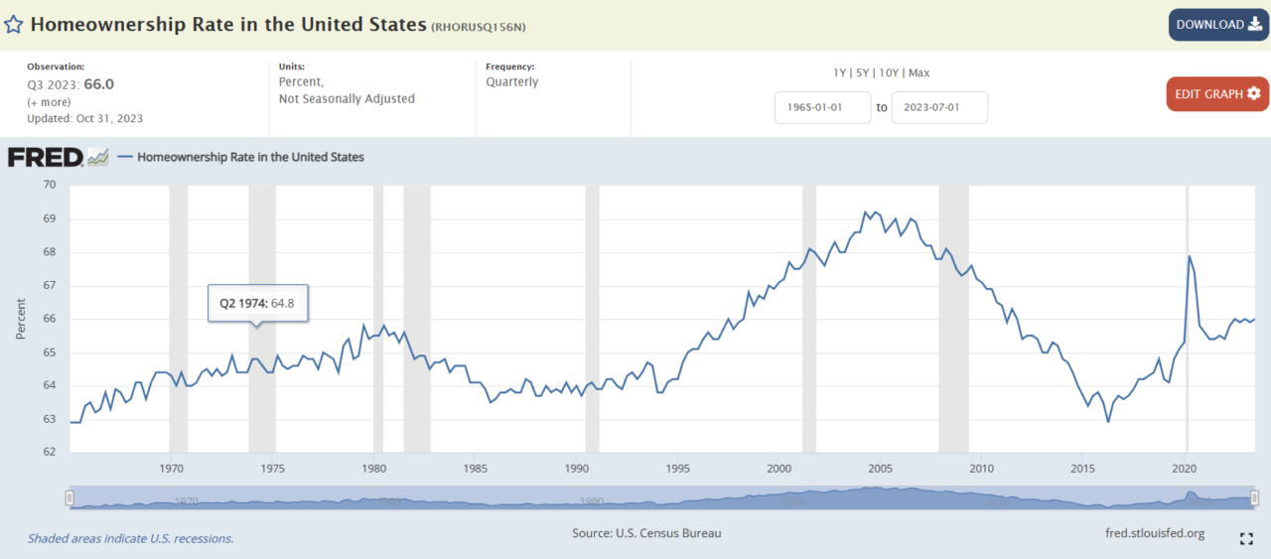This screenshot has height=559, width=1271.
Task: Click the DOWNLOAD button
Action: pyautogui.click(x=1218, y=25)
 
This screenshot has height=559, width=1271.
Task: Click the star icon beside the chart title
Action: pyautogui.click(x=14, y=25)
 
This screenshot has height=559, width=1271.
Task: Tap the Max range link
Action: pyautogui.click(x=918, y=72)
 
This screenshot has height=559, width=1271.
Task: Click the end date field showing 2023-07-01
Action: pyautogui.click(x=939, y=107)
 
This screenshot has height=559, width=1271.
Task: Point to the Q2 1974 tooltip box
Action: pyautogui.click(x=257, y=303)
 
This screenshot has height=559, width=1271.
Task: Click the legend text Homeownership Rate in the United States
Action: pyautogui.click(x=250, y=157)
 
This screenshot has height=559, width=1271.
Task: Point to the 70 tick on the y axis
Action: pyautogui.click(x=50, y=185)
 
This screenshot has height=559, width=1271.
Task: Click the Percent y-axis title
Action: pyautogui.click(x=21, y=319)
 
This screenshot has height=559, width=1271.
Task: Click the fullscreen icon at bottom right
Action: pyautogui.click(x=1246, y=539)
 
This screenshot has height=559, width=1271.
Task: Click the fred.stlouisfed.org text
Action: pyautogui.click(x=1155, y=533)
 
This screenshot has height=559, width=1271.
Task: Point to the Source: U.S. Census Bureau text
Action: pyautogui.click(x=646, y=533)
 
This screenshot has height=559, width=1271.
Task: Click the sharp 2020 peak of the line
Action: pyautogui.click(x=1190, y=256)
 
